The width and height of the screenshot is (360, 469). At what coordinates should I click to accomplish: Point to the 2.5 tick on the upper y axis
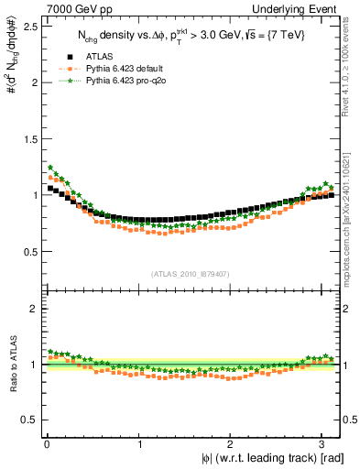point(30,26)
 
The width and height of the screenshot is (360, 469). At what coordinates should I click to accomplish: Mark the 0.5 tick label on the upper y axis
point(30,251)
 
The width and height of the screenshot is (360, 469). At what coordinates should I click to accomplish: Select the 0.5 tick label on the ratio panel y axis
point(30,420)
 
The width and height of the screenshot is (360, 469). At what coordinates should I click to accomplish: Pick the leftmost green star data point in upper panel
point(50,168)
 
